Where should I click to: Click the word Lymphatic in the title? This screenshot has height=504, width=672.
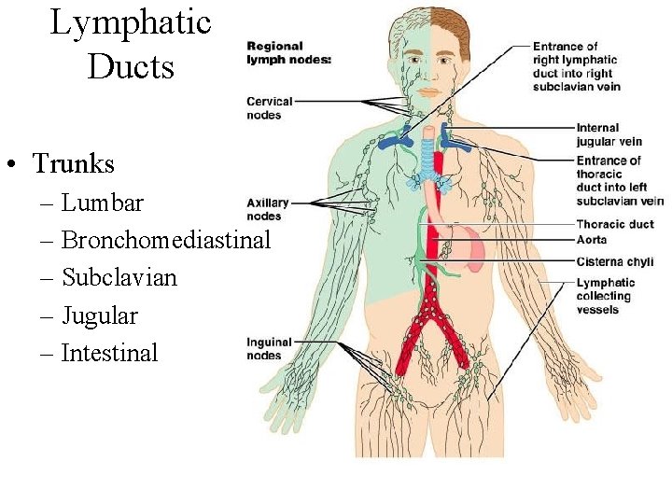pos(131,22)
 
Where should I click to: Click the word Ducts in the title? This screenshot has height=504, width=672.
pos(131,66)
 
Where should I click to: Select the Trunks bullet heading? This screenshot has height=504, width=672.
pos(73,164)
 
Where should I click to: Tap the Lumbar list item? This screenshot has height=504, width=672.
pos(103,203)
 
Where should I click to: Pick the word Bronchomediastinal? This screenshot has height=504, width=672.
pos(166,240)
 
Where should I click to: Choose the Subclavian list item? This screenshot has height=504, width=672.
pos(119,277)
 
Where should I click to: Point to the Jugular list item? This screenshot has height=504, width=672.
pos(100,315)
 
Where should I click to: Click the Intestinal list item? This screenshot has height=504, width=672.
pos(110,353)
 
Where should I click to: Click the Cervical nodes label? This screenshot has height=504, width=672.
pos(270,108)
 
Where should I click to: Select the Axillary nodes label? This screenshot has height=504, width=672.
pos(268,209)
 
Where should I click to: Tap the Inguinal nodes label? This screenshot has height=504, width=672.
pos(270,348)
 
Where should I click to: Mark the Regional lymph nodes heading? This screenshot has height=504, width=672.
pos(287,52)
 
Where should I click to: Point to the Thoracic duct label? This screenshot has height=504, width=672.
pos(614,224)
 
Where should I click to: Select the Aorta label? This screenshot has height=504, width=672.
pos(592,240)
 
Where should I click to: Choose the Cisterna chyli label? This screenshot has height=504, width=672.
pos(614,262)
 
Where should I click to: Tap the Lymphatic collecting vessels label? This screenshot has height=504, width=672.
pos(605,296)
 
